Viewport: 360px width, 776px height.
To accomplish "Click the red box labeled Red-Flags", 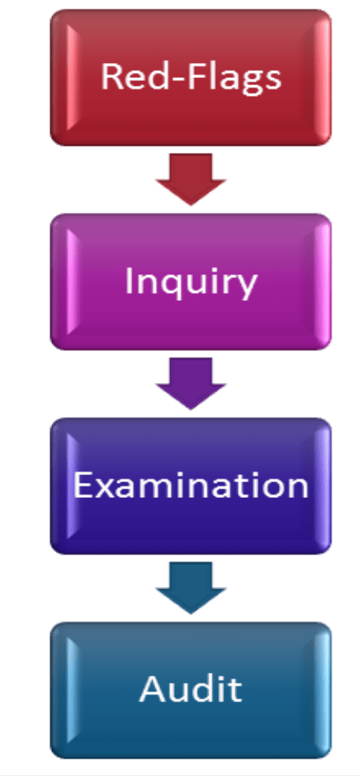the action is pos(191,77).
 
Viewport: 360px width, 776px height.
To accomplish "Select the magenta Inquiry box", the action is pos(191,281).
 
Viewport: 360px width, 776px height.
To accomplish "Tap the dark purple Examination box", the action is pos(191,486).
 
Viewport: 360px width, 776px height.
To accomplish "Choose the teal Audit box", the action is pos(191,690).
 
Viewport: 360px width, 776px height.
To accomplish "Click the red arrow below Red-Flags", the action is pos(191,179).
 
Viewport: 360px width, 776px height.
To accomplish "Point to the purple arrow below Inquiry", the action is pos(191,384).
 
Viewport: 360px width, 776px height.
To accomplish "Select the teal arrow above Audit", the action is pos(191,588).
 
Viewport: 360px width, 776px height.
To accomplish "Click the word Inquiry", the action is pos(191,283).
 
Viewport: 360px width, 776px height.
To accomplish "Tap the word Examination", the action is pos(191,485).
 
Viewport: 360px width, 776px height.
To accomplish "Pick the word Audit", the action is pos(191,689).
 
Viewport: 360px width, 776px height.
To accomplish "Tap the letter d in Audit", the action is pos(202,689).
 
